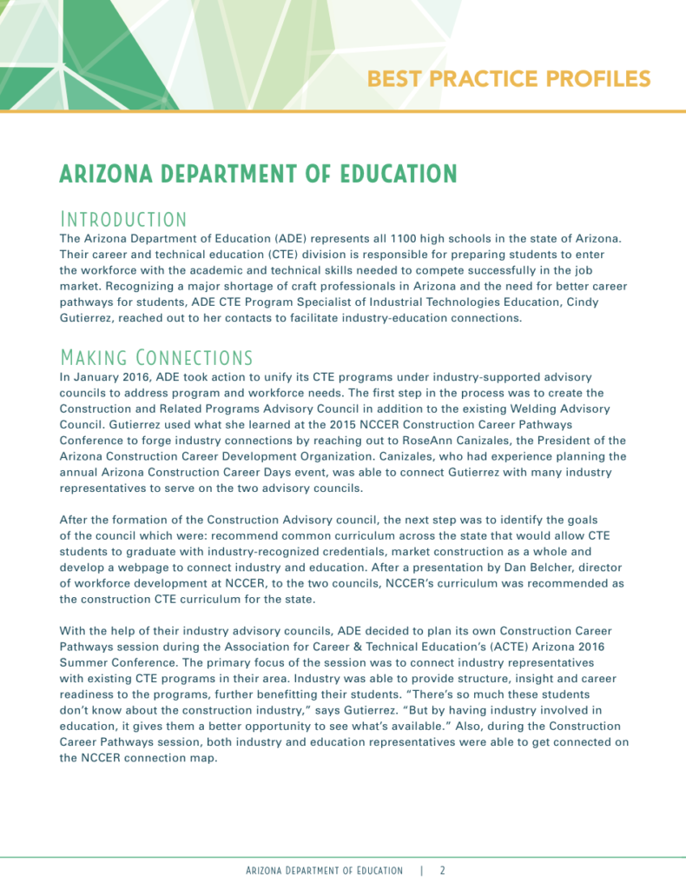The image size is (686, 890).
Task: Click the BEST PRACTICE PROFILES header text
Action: pyautogui.click(x=508, y=79)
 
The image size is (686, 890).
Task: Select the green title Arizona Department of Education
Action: pyautogui.click(x=258, y=174)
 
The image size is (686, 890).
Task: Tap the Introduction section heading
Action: pyautogui.click(x=122, y=218)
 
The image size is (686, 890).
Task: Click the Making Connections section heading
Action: pyautogui.click(x=155, y=357)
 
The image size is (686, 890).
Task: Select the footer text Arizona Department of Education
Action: pyautogui.click(x=324, y=870)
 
